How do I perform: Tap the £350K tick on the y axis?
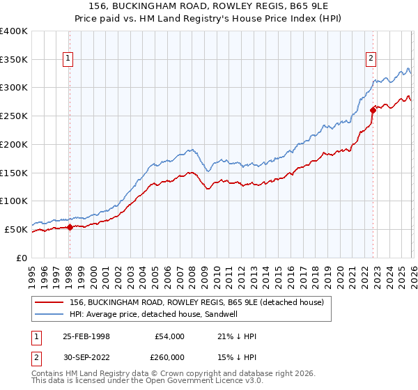click(x=14, y=60)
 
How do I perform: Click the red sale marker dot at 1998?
click(x=70, y=227)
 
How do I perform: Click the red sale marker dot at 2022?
click(x=373, y=109)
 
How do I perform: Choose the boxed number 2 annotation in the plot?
click(x=371, y=59)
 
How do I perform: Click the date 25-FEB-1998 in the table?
click(x=82, y=336)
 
